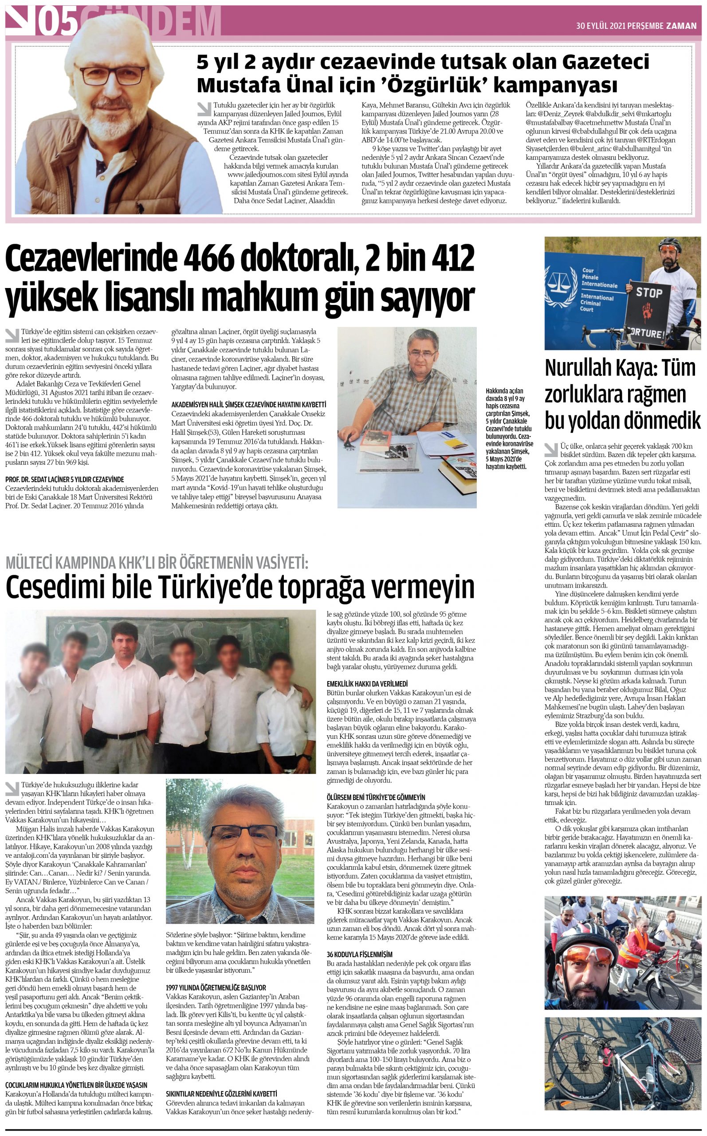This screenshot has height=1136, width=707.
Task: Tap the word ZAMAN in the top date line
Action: pos(681,26)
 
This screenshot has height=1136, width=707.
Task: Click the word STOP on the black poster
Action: pos(649,293)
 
